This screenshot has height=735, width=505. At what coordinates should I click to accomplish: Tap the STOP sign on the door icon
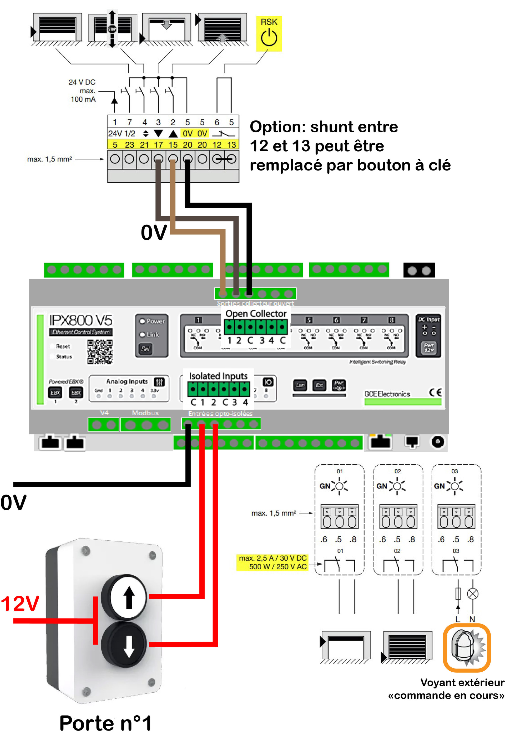(x=112, y=29)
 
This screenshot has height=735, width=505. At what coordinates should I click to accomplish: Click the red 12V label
(x=20, y=603)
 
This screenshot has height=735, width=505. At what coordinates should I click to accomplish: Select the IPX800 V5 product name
(x=81, y=320)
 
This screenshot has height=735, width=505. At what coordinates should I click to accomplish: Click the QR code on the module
(x=100, y=352)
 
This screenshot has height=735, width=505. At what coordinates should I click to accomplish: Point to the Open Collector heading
(x=256, y=314)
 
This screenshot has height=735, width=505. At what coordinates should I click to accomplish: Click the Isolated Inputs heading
(x=218, y=376)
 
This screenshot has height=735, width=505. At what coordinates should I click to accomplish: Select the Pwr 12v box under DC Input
(x=428, y=348)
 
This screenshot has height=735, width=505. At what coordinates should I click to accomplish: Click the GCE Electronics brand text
(x=387, y=394)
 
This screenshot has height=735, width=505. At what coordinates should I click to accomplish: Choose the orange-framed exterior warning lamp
(x=467, y=647)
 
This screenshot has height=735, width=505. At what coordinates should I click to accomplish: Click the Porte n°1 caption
(x=105, y=723)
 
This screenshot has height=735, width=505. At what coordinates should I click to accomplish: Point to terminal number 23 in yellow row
(x=129, y=145)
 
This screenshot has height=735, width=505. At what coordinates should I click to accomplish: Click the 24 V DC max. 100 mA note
(x=83, y=90)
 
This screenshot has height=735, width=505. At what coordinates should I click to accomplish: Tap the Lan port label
(x=300, y=385)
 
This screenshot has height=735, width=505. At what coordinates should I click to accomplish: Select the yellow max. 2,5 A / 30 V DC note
(x=272, y=562)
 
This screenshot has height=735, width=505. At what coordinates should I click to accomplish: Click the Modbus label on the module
(x=145, y=413)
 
